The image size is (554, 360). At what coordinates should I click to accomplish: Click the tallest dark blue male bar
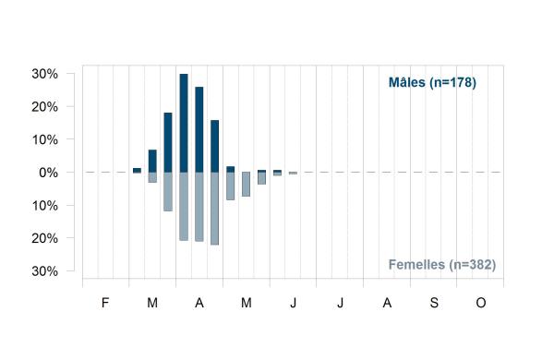(184, 123)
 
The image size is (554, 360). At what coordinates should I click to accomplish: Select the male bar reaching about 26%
(199, 129)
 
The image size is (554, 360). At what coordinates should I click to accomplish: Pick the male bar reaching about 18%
(168, 142)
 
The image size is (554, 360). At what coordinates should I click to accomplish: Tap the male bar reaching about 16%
(215, 146)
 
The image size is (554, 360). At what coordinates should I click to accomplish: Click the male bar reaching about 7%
(152, 162)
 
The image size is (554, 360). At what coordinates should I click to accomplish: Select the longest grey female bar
(215, 209)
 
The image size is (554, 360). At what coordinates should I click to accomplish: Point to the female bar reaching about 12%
(168, 192)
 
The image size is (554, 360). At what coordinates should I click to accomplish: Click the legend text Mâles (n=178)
(432, 82)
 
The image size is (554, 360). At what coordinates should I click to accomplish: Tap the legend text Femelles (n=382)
(442, 265)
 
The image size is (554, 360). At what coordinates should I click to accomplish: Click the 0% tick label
(48, 173)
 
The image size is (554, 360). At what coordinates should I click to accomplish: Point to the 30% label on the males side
(45, 74)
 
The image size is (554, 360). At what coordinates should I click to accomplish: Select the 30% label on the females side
(45, 271)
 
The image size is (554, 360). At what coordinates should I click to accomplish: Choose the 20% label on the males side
(45, 107)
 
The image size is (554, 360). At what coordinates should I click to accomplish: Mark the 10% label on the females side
(45, 206)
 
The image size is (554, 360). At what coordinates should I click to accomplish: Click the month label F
(105, 303)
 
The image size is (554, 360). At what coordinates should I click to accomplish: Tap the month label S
(434, 303)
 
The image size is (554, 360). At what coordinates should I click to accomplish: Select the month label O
(481, 303)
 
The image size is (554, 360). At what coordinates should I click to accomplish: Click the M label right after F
(152, 303)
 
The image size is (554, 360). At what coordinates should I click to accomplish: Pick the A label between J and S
(387, 303)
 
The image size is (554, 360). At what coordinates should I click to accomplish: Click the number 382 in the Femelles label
(480, 265)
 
